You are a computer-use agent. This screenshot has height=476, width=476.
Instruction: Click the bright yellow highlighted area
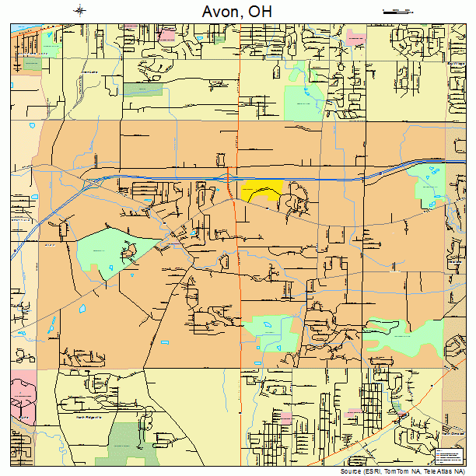(x=261, y=191)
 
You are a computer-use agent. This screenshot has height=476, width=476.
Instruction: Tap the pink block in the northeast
(x=356, y=37)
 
